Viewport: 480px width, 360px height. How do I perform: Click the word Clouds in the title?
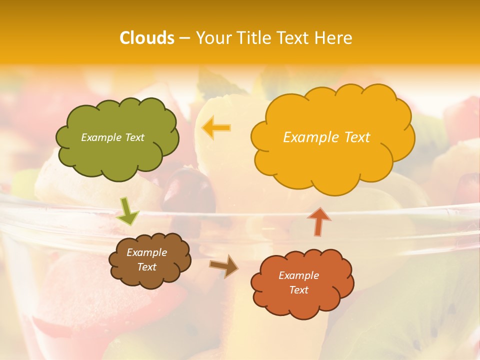tap(147, 38)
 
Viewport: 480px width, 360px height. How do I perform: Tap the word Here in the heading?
tap(334, 38)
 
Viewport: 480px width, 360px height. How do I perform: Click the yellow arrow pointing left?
tap(216, 128)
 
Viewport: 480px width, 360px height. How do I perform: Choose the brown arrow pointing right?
tap(224, 266)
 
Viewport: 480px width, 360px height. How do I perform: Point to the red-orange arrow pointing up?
tap(319, 221)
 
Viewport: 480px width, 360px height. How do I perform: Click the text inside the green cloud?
tap(112, 137)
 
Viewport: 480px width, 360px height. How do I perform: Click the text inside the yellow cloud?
tap(326, 137)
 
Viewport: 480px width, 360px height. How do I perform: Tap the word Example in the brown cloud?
tap(146, 252)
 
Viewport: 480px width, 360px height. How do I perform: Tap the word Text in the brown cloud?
tap(146, 267)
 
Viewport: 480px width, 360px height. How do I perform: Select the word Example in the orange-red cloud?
tap(298, 275)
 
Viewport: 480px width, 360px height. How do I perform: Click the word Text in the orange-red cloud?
tap(298, 290)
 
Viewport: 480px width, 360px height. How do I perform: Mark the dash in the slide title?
tap(184, 38)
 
